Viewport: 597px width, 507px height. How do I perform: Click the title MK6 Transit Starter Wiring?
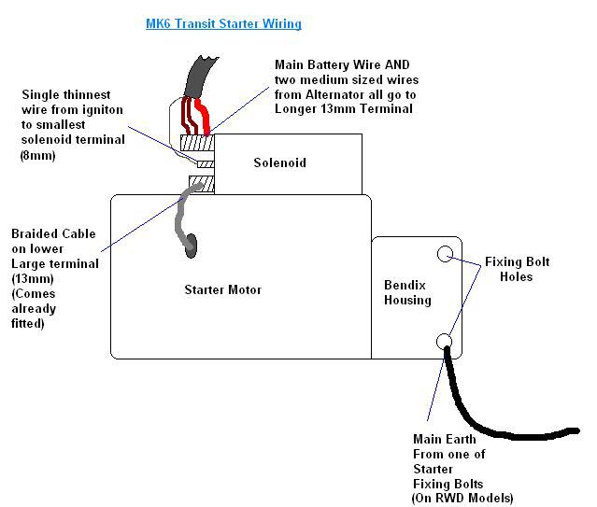223,23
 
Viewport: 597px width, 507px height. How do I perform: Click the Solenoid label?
279,163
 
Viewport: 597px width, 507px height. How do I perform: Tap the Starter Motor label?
222,290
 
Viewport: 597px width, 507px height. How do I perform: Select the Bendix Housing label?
407,292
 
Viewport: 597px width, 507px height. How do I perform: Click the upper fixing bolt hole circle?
446,253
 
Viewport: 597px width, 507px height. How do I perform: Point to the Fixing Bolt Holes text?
518,269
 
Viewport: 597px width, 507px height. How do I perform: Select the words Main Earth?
444,439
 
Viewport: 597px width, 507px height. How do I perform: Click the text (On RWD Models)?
463,499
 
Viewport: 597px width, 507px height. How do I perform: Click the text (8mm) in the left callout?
37,155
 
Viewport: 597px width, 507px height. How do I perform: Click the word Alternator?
348,93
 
